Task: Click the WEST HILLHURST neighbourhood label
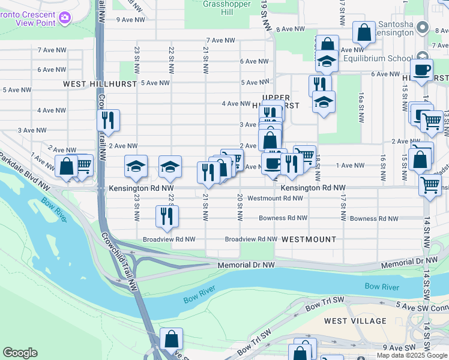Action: tap(100, 85)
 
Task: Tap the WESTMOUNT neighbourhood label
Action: tap(309, 239)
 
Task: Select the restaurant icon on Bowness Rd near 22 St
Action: tap(166, 216)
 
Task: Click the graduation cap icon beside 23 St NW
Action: tap(136, 166)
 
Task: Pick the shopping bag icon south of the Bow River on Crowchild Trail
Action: tap(172, 338)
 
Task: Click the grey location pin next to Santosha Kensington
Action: tap(423, 28)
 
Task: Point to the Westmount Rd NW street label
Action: tap(275, 198)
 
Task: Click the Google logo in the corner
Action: tap(20, 353)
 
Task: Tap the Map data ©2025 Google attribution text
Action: tap(411, 355)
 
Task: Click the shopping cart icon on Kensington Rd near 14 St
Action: tap(430, 185)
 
